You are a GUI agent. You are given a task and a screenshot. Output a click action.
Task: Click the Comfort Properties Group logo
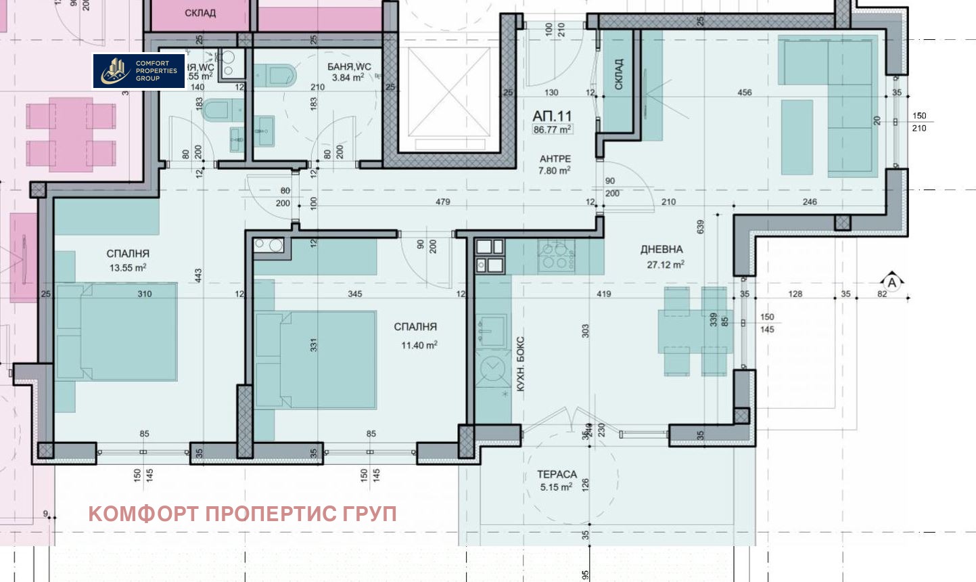[139, 71]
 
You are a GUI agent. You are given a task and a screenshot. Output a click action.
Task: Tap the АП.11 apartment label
[552, 116]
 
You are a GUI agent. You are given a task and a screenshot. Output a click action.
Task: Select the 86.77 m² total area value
[552, 129]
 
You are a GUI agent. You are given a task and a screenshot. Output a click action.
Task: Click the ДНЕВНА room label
[661, 250]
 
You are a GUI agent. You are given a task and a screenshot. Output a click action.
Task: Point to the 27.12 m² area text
[665, 265]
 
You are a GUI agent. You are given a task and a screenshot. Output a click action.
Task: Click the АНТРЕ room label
[555, 158]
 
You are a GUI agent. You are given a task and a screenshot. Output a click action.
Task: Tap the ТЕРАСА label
[557, 474]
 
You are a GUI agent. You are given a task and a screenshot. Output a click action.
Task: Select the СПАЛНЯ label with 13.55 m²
[128, 253]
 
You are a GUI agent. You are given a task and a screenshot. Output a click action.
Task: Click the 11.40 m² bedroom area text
[419, 345]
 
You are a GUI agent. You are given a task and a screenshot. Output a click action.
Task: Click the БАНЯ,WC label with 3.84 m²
[349, 66]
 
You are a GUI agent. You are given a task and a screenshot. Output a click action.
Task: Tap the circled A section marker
[892, 283]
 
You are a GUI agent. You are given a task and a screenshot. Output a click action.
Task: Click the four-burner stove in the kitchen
[556, 256]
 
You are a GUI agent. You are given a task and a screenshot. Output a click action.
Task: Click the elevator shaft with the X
[449, 91]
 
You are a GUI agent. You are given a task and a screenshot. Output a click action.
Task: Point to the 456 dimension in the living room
[744, 93]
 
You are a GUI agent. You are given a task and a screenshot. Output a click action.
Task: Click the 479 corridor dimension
[442, 202]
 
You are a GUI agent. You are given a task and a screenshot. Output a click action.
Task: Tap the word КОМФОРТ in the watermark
[143, 514]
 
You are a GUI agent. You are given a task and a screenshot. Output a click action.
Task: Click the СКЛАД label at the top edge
[200, 13]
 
